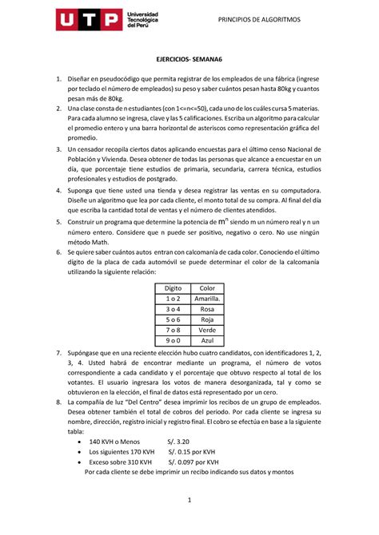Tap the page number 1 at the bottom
pos(189,501)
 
